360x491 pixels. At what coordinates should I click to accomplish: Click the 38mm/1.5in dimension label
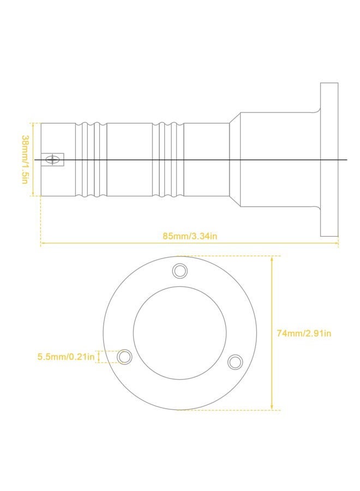[25, 159]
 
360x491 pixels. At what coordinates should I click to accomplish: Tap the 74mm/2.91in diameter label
[304, 333]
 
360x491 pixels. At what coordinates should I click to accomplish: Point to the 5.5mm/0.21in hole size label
[66, 357]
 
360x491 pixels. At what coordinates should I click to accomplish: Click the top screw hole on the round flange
[179, 270]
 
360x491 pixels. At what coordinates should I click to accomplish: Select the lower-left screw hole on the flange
[125, 357]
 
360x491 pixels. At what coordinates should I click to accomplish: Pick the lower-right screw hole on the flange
[235, 361]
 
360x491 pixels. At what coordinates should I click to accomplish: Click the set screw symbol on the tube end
[53, 160]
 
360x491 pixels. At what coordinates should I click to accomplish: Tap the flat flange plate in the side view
[329, 159]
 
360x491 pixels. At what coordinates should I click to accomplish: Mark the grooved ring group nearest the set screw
[91, 159]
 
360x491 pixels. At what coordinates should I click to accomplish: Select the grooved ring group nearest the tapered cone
[168, 159]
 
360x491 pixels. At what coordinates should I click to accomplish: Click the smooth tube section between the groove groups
[129, 159]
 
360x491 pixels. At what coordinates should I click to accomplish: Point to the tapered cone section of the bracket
[234, 159]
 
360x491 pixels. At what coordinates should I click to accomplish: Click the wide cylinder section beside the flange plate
[278, 159]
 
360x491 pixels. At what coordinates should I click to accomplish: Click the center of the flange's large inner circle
[179, 333]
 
